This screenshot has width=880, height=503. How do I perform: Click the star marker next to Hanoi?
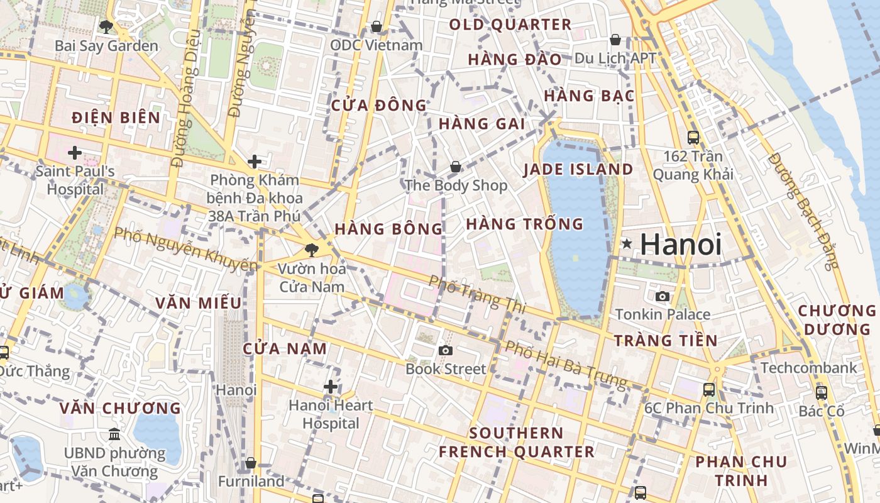click(x=627, y=244)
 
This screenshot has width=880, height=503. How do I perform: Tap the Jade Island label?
click(x=578, y=169)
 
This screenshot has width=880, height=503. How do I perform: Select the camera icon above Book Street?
click(x=446, y=350)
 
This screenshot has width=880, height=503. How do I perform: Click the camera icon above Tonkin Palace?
click(x=663, y=296)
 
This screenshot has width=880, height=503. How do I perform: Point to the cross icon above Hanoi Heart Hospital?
click(x=331, y=387)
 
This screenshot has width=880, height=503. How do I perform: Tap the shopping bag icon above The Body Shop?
click(x=455, y=167)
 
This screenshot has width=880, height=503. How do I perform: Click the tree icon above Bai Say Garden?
click(x=106, y=26)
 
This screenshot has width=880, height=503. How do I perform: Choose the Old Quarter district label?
click(x=510, y=25)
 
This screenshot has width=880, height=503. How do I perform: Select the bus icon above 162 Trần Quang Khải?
click(x=693, y=137)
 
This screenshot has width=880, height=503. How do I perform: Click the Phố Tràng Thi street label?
click(x=477, y=293)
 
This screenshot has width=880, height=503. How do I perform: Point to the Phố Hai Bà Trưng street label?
click(x=566, y=364)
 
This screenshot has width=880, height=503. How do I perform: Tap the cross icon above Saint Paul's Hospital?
click(x=75, y=152)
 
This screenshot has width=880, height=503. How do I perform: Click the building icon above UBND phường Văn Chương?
click(x=114, y=434)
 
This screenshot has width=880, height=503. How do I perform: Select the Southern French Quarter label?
click(x=516, y=442)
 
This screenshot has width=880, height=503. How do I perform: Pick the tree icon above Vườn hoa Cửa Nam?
click(x=311, y=250)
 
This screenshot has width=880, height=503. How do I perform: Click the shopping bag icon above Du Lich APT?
click(x=615, y=40)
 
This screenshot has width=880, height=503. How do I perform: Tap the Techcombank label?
click(x=809, y=367)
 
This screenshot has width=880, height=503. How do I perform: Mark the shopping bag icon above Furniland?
click(x=251, y=463)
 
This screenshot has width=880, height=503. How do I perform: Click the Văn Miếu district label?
click(x=198, y=303)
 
